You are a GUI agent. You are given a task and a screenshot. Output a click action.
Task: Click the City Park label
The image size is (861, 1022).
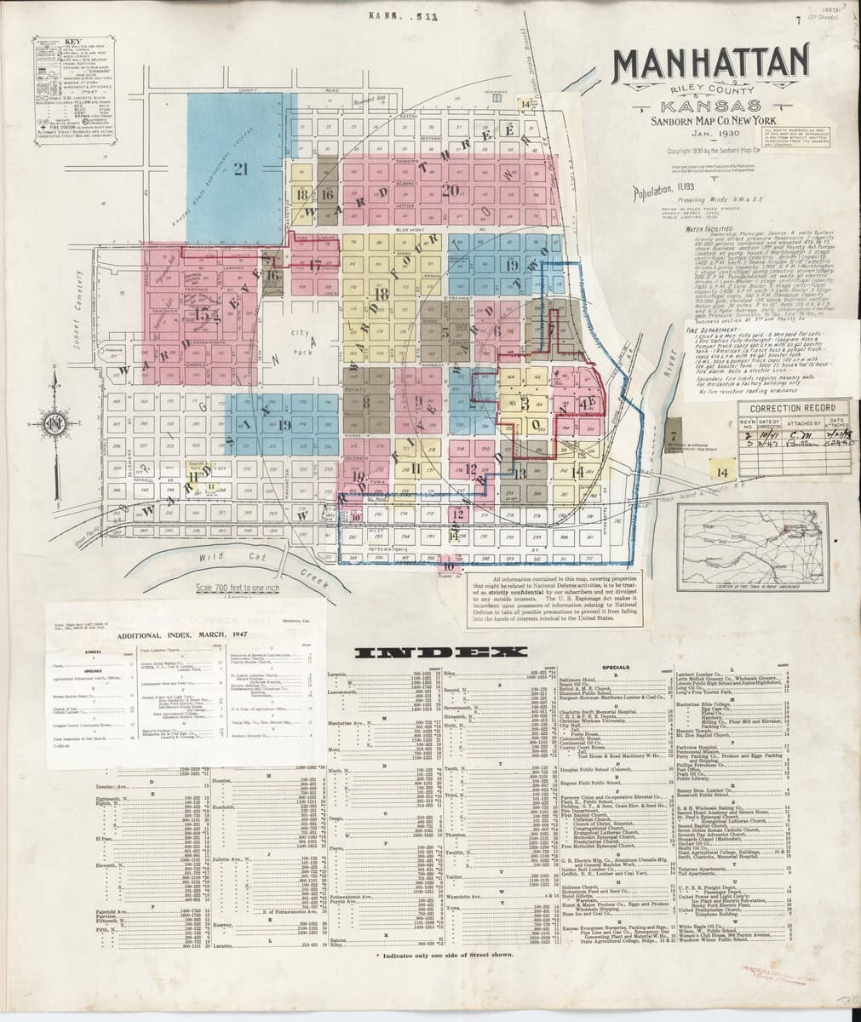[x=302, y=341]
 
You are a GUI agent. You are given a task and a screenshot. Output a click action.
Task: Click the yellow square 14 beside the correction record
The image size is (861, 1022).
[x=724, y=471]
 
